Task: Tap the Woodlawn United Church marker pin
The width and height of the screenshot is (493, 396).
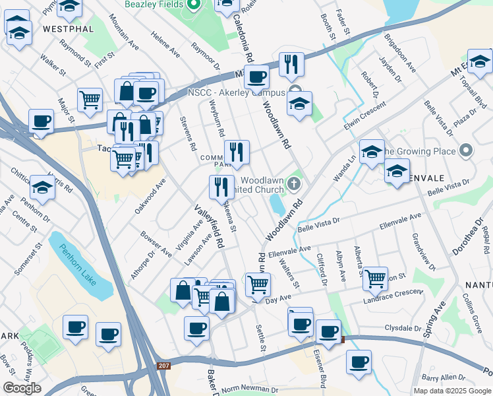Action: click(296, 184)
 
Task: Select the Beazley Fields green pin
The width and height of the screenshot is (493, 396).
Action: click(193, 6)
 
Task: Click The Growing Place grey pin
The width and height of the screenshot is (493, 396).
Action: click(467, 151)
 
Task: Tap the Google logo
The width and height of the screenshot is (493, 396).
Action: click(22, 388)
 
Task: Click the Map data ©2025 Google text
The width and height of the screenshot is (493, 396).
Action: click(451, 391)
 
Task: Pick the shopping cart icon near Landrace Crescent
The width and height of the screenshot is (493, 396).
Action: click(375, 278)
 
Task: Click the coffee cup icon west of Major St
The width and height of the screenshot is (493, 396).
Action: click(42, 121)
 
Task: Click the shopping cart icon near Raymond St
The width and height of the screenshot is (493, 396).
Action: click(90, 100)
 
